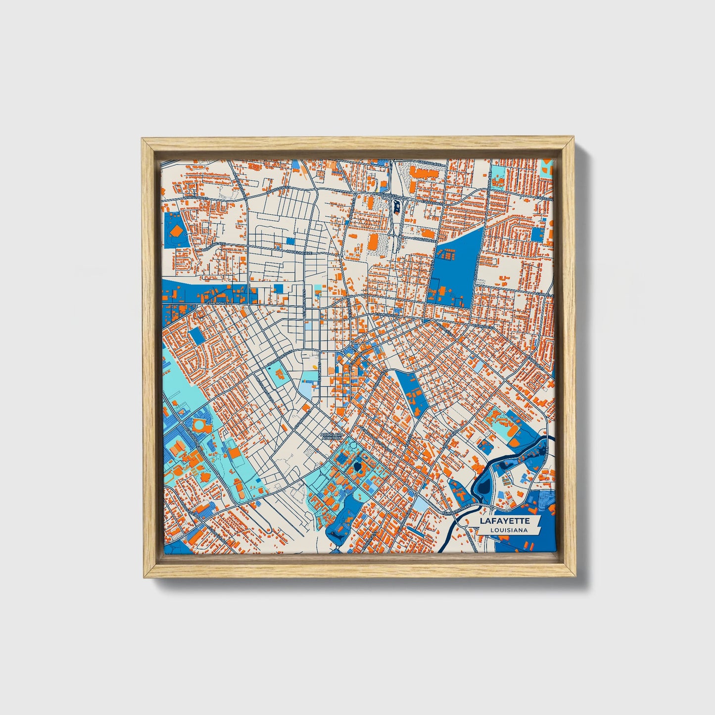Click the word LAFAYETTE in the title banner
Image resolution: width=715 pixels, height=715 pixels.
pyautogui.click(x=504, y=521)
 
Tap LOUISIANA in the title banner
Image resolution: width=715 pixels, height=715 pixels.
pyautogui.click(x=508, y=530)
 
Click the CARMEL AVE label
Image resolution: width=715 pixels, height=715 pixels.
pyautogui.click(x=544, y=296)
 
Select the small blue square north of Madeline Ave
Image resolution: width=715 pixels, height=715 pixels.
pyautogui.click(x=289, y=241)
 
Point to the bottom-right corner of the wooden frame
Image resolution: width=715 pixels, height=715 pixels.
pyautogui.click(x=575, y=577)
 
